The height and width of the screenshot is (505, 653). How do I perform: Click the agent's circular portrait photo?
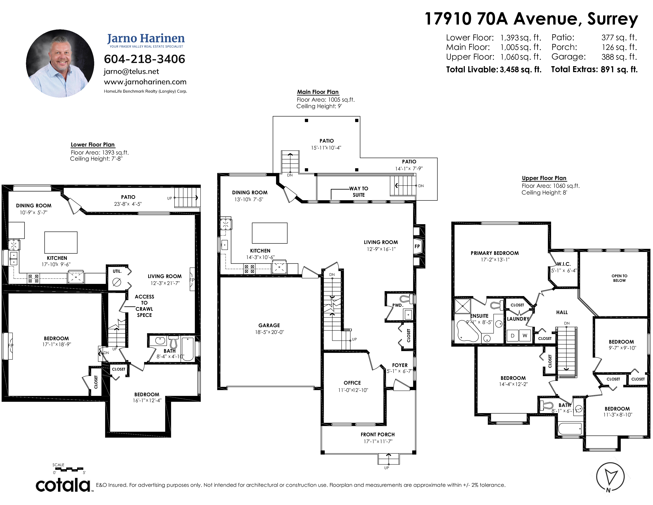[x=60, y=63]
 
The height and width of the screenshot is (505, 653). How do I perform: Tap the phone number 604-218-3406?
[x=144, y=59]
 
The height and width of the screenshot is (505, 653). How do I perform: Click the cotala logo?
[x=63, y=485]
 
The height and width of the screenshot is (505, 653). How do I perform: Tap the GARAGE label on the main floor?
[x=269, y=325]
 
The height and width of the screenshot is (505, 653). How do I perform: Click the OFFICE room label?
[x=352, y=383]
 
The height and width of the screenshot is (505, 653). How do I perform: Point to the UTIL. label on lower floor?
[x=117, y=271]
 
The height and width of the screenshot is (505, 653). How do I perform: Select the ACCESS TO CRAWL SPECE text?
[x=144, y=306]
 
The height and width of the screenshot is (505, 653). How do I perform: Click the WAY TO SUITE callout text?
[x=359, y=192]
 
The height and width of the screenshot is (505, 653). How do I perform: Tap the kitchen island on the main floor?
[x=270, y=233]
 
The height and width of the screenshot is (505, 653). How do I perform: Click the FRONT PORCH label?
[x=378, y=434]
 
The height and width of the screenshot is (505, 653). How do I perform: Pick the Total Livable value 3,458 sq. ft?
[x=521, y=69]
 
